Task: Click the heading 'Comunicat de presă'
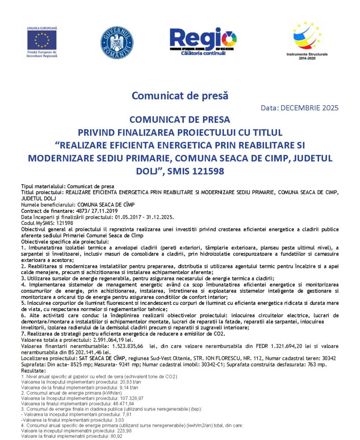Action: pyautogui.click(x=180, y=95)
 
